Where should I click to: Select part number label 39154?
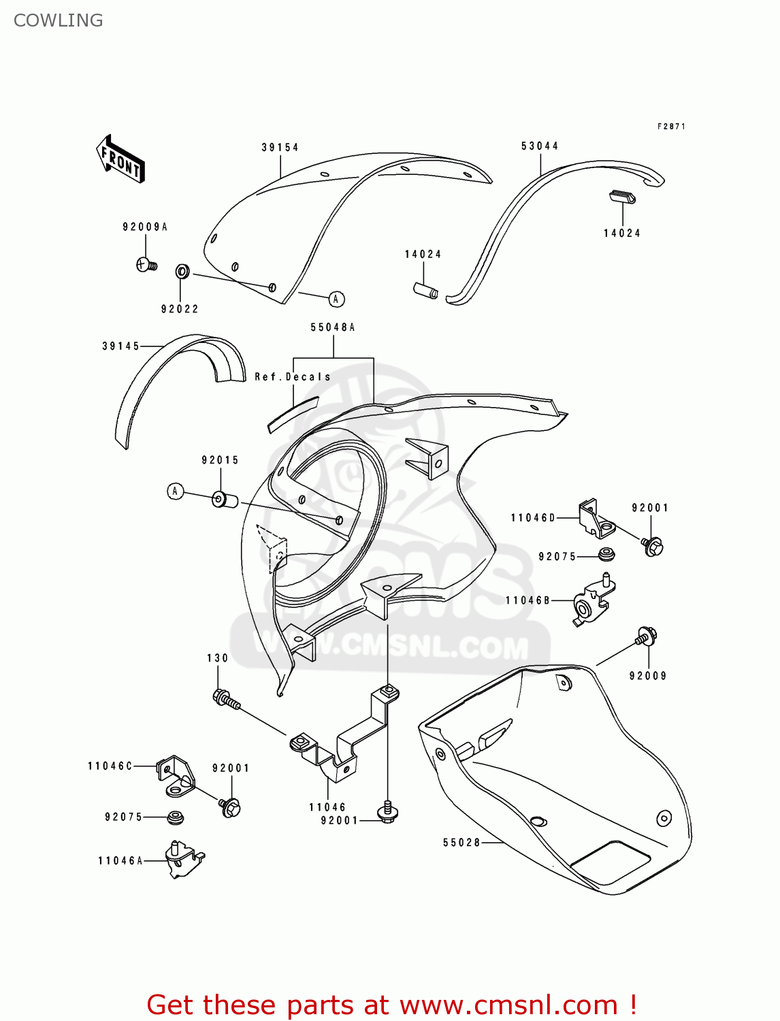[x=280, y=147]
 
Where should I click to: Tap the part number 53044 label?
[x=540, y=146]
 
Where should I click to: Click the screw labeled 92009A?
[x=146, y=264]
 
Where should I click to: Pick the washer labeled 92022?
[x=182, y=272]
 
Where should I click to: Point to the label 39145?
[x=121, y=346]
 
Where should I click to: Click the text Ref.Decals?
[x=293, y=376]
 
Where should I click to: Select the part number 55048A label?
[x=333, y=327]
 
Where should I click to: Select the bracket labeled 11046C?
[x=176, y=775]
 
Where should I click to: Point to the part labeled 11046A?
[x=182, y=860]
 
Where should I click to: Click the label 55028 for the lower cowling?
[x=461, y=842]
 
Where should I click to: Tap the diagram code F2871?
[x=671, y=127]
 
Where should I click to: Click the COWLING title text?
[x=59, y=20]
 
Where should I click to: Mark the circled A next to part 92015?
[x=176, y=491]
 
